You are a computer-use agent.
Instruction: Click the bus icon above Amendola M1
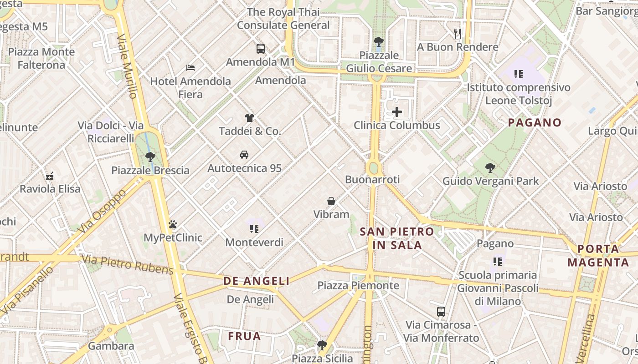point(260,49)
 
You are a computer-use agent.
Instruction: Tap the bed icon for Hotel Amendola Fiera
point(190,68)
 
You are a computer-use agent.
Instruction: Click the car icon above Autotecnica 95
point(244,155)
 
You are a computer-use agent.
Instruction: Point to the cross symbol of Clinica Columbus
point(397,112)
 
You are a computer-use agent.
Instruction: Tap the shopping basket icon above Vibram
point(331,201)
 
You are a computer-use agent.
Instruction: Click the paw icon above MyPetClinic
point(172,224)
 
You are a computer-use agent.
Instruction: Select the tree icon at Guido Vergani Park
point(490,168)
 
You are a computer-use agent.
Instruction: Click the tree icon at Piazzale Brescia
point(150,157)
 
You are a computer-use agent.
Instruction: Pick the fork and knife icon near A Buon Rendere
point(458,34)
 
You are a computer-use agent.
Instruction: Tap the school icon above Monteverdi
point(254,229)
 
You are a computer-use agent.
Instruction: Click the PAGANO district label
point(535,122)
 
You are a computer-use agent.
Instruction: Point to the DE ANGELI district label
point(256,281)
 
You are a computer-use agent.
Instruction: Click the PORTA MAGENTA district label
point(598,256)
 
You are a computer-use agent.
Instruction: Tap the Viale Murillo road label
point(127,66)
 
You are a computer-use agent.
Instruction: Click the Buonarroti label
point(372,180)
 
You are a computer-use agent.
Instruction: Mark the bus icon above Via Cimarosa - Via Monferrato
point(441,312)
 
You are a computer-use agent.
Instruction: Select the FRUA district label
point(244,336)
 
